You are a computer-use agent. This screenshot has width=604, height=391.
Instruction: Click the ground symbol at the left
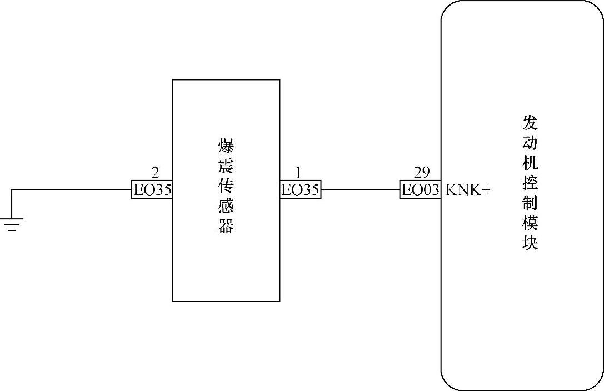tap(12, 224)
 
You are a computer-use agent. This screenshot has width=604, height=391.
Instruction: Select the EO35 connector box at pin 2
tap(152, 190)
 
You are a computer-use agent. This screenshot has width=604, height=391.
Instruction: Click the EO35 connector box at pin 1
tap(300, 190)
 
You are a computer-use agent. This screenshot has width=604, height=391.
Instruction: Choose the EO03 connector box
tap(421, 190)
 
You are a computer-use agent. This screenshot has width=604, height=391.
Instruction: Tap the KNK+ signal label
tap(468, 190)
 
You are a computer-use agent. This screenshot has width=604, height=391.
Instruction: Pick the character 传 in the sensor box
tap(226, 186)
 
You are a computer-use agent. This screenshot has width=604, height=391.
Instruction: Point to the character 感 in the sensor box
tap(226, 206)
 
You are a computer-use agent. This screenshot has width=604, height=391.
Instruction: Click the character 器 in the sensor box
tap(226, 225)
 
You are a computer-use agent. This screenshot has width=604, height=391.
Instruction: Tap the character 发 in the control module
tap(530, 123)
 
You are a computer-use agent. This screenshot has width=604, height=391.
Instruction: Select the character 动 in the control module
tap(530, 143)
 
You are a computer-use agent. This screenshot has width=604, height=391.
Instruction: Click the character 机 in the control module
tap(530, 163)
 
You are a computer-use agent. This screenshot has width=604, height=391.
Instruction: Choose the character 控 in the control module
tap(530, 183)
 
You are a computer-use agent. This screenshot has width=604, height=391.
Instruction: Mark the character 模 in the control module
tap(530, 223)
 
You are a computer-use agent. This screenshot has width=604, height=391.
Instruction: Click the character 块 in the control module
tap(530, 243)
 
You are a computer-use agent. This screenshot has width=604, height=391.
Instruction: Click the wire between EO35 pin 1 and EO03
tap(360, 190)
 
